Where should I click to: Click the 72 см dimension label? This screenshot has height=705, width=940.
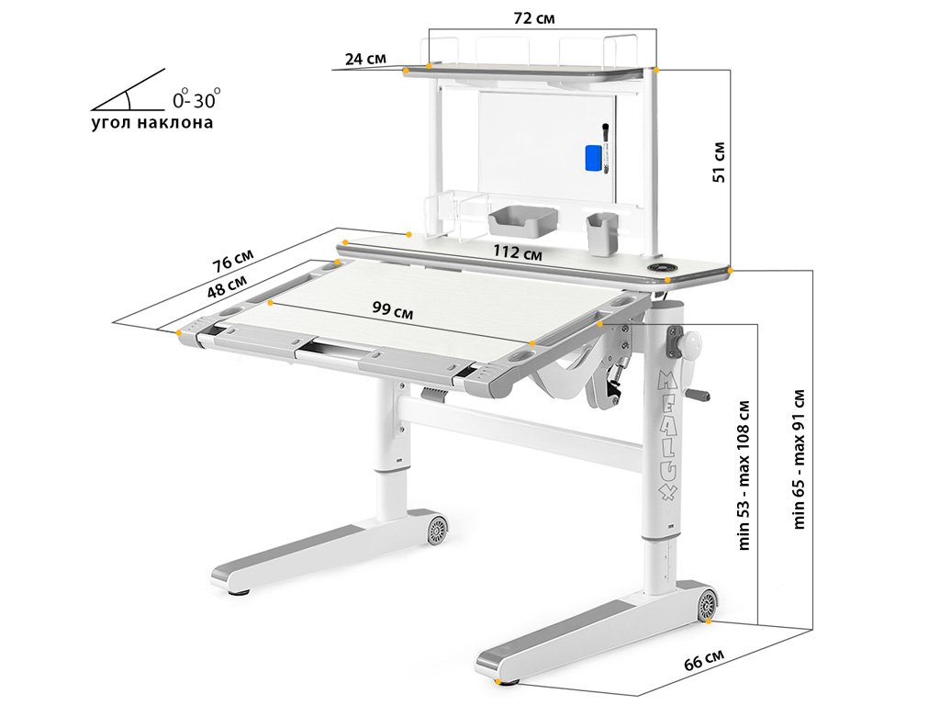pos(534,18)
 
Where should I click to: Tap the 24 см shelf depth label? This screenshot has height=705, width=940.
pos(365,59)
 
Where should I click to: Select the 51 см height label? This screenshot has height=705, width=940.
pos(719,162)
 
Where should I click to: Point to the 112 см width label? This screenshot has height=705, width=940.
pos(518,252)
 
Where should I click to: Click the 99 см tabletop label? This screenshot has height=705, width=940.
pos(393,309)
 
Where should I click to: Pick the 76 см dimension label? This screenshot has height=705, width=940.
pos(233,261)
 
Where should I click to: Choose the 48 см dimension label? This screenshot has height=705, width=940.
pos(227,286)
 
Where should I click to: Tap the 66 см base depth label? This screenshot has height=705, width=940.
pos(704,660)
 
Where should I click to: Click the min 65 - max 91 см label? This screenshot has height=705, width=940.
pos(799,459)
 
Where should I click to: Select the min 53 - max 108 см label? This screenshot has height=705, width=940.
pos(744,475)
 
